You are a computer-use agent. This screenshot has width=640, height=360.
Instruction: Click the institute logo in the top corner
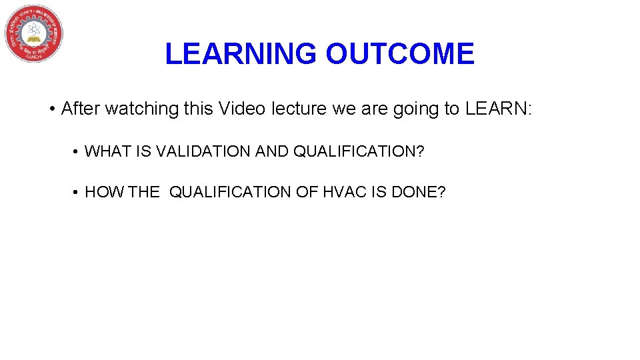point(34,33)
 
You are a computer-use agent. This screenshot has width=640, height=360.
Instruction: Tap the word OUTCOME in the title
point(400,54)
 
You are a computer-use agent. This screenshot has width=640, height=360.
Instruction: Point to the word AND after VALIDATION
point(273,152)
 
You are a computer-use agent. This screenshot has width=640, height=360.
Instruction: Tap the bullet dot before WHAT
point(77,153)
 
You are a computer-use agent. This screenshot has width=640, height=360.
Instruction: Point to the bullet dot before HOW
point(77,193)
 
